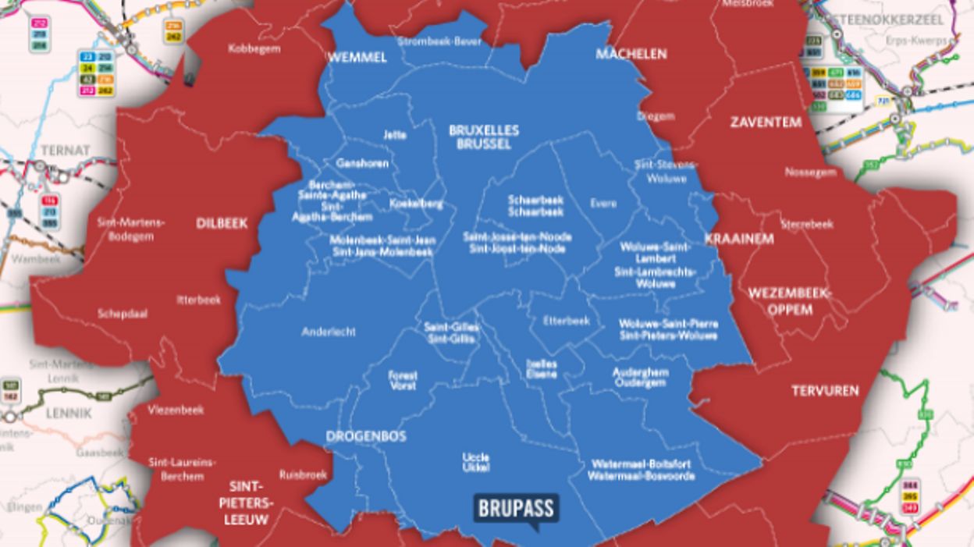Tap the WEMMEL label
click(x=357, y=58)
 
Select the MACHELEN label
click(x=631, y=54)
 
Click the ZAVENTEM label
click(x=766, y=122)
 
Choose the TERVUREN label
click(x=825, y=390)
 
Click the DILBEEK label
click(x=222, y=223)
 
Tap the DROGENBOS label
click(x=365, y=436)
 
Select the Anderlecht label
click(x=329, y=332)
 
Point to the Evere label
click(x=603, y=204)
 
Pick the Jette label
click(x=395, y=134)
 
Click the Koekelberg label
click(x=416, y=204)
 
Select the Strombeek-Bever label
click(x=439, y=41)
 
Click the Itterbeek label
click(x=199, y=299)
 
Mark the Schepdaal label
click(x=123, y=314)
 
